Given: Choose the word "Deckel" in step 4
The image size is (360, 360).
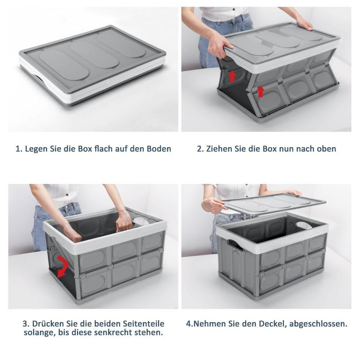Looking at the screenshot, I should point(272,324).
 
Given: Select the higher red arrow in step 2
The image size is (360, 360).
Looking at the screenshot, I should point(232,76).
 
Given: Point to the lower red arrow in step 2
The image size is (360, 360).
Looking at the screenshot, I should point(261,91).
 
